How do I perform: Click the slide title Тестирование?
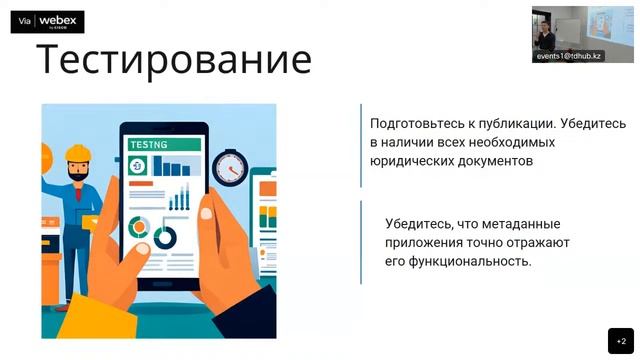pyautogui.click(x=174, y=60)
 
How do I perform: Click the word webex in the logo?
pyautogui.click(x=58, y=19)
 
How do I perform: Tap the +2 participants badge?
pyautogui.click(x=620, y=340)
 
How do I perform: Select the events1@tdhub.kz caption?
pyautogui.click(x=568, y=56)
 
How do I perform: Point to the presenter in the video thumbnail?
pyautogui.click(x=546, y=34)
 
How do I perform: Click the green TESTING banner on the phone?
pyautogui.click(x=164, y=144)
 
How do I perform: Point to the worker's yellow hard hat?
pyautogui.click(x=78, y=153)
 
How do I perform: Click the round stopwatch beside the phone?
pyautogui.click(x=230, y=166)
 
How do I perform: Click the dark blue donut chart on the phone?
pyautogui.click(x=164, y=237)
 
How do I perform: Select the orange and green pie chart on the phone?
pyautogui.click(x=140, y=227)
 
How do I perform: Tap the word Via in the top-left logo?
pyautogui.click(x=25, y=21)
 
